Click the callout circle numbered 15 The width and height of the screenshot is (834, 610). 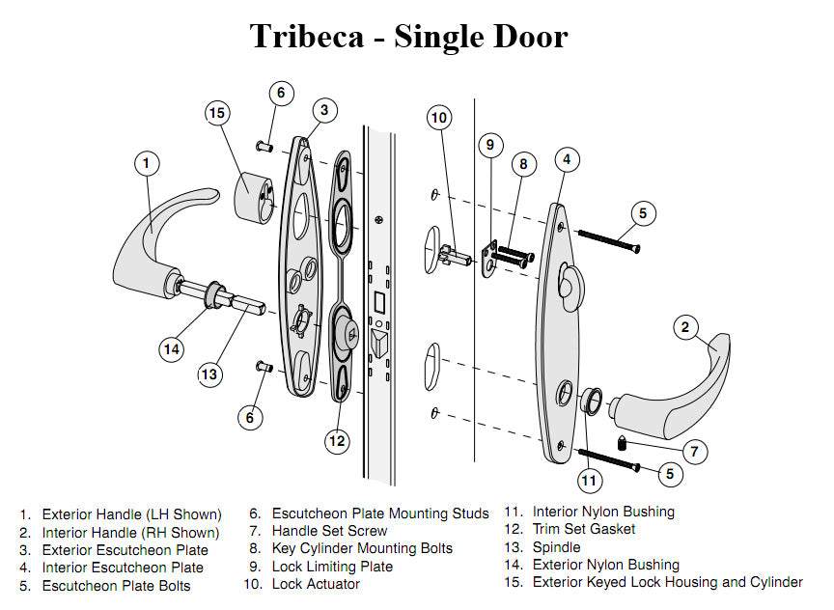(x=217, y=114)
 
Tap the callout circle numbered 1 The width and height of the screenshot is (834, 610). (x=146, y=164)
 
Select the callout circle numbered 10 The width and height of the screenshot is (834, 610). (x=440, y=118)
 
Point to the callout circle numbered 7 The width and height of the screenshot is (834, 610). (x=692, y=451)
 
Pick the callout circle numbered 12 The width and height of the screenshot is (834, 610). (x=336, y=441)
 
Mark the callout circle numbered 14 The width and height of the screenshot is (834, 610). (x=172, y=348)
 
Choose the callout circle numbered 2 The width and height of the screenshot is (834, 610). (x=684, y=328)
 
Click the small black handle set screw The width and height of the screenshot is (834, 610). (x=624, y=444)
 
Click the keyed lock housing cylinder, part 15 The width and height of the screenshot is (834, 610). (x=257, y=198)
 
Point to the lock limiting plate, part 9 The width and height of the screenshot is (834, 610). (x=490, y=258)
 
